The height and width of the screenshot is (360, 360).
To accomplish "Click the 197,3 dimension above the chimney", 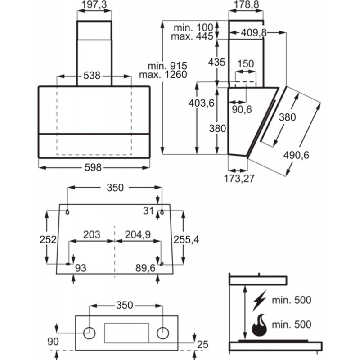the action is [94, 5].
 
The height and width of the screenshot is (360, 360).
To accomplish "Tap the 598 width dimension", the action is [93, 167].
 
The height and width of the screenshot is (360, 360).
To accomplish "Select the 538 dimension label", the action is [92, 76].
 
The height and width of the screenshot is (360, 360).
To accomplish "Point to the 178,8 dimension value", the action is [246, 5].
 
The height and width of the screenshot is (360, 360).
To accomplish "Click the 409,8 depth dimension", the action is [254, 33].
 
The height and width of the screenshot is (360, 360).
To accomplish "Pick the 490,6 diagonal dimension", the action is [296, 155].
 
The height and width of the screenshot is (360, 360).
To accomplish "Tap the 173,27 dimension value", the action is [239, 179].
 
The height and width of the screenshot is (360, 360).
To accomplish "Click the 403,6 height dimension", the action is [201, 103].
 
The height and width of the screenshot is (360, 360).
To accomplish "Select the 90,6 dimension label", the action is [242, 109].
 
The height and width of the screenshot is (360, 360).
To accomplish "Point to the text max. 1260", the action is [163, 75].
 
